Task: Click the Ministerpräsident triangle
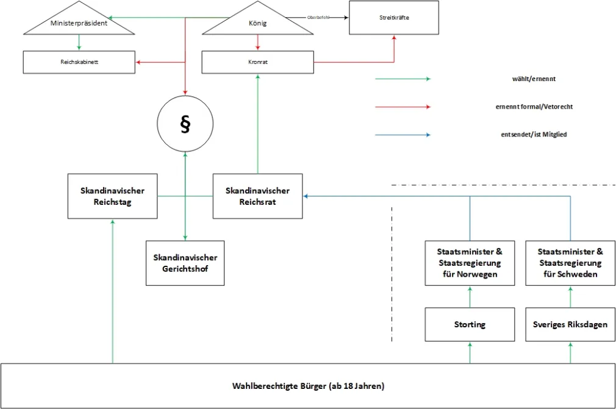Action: [79, 23]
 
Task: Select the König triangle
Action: [258, 23]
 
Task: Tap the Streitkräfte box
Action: [393, 18]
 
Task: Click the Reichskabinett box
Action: [79, 62]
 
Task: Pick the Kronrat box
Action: [258, 62]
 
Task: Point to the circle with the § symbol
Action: [185, 125]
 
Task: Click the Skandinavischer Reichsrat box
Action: [257, 196]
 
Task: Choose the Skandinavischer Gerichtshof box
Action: [185, 263]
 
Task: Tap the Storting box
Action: [470, 324]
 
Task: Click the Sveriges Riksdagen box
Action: [570, 324]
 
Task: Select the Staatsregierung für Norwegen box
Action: [470, 263]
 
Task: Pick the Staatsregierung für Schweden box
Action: [570, 263]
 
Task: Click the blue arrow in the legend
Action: [403, 134]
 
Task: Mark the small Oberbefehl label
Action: [318, 18]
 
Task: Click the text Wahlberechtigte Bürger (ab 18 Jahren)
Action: [308, 386]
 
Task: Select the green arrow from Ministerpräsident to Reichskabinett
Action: [79, 43]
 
